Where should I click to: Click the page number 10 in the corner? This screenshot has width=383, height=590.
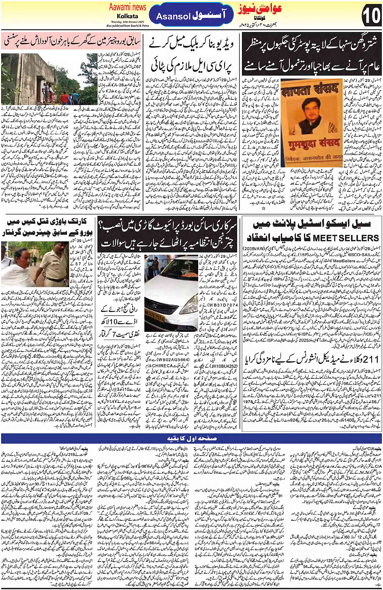click(x=371, y=16)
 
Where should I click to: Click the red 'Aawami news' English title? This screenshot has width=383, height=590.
click(x=128, y=7)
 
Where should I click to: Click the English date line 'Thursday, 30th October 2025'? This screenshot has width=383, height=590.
click(x=127, y=22)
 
